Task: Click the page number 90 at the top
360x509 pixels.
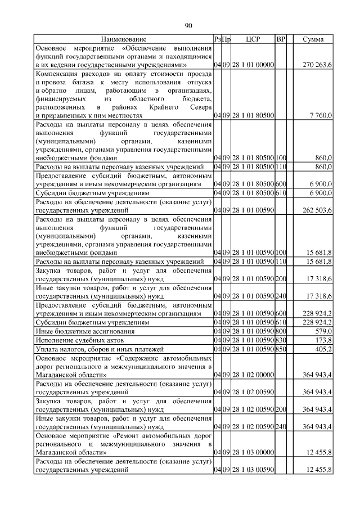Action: tap(188, 25)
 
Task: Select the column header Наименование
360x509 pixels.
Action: tap(124, 40)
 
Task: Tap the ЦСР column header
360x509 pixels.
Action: tap(252, 40)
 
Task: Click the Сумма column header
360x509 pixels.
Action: tap(313, 40)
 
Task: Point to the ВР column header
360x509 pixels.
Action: tap(281, 40)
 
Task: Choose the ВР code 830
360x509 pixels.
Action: tap(281, 340)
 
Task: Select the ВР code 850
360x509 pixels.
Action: tap(281, 349)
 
